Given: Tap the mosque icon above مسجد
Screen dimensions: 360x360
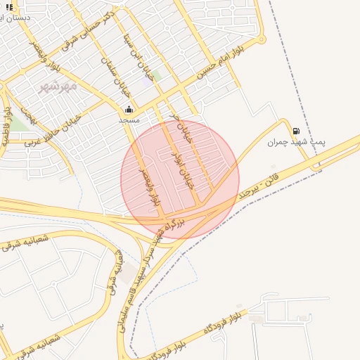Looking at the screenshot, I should (129, 109).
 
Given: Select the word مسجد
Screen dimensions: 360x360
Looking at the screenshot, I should (129, 120).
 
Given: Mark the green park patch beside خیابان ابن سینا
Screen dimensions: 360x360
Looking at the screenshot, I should (156, 75).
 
